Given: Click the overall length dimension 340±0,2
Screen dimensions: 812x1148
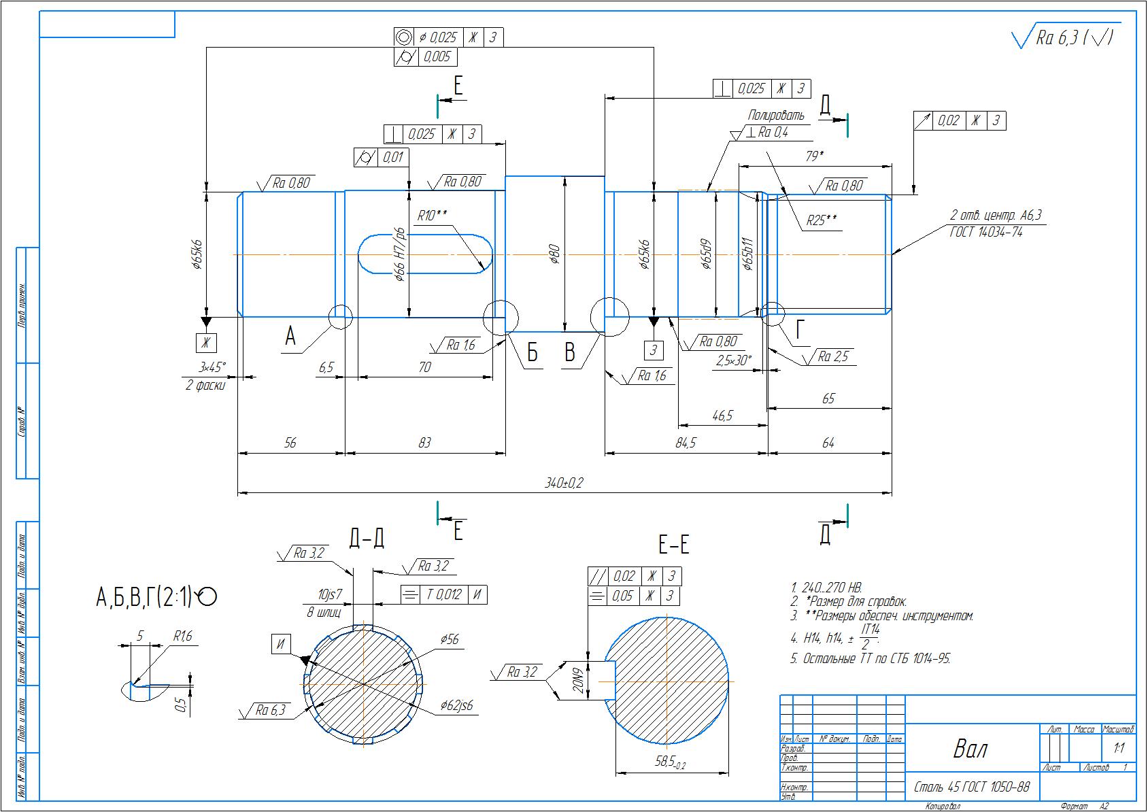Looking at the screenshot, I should (564, 483).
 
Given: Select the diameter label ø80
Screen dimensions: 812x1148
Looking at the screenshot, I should (554, 254).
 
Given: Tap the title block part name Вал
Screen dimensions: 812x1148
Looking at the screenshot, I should (970, 749).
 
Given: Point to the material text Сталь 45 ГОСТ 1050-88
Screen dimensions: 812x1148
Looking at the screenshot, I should (971, 788).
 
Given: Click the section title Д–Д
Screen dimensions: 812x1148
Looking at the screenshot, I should (367, 538).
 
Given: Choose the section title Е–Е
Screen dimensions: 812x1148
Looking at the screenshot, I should (673, 544).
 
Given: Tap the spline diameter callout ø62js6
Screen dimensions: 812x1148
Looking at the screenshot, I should (456, 705).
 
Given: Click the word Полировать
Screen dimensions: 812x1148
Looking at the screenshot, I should (776, 116).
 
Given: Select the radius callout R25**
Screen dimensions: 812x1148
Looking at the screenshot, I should (822, 220).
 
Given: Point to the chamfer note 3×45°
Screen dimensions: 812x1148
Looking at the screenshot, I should (212, 367).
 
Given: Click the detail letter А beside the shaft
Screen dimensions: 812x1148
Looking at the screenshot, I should (290, 336).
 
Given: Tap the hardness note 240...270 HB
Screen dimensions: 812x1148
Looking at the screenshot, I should (827, 588).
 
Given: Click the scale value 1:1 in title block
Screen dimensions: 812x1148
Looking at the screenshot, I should (1119, 748).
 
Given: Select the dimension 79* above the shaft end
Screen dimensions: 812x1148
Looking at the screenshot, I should (814, 156).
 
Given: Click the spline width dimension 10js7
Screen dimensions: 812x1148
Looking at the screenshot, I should (330, 596).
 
